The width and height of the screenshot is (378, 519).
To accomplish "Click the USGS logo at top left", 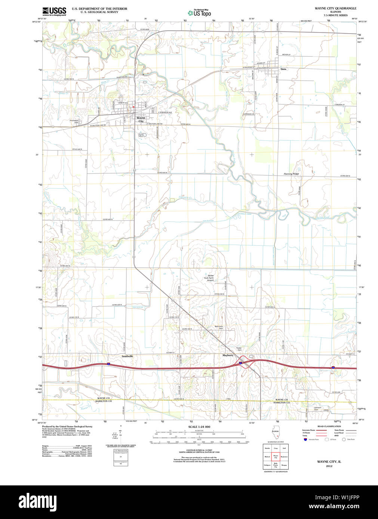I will [x=54, y=11].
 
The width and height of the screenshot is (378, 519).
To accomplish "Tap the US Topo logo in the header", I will [x=200, y=13].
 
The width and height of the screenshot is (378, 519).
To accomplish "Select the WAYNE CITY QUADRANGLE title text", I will [x=335, y=8].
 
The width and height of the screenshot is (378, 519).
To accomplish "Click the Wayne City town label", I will [x=141, y=119].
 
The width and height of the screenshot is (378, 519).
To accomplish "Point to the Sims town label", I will [x=283, y=69].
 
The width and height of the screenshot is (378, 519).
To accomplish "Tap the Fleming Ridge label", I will [x=291, y=174].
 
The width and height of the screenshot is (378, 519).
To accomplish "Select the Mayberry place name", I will [x=228, y=355].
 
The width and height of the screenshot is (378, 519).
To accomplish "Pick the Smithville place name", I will [x=127, y=356].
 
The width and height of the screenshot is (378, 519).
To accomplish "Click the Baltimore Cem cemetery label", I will [x=219, y=327].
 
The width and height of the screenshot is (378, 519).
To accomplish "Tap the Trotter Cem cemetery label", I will [x=239, y=349].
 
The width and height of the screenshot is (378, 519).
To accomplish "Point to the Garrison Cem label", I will [x=318, y=408].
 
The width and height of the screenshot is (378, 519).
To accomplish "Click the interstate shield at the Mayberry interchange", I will [x=240, y=362].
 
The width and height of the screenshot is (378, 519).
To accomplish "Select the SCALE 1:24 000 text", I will [x=199, y=427].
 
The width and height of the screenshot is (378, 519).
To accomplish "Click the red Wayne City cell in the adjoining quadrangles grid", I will [x=276, y=457].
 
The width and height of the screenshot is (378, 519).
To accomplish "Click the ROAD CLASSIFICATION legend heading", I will [x=329, y=426].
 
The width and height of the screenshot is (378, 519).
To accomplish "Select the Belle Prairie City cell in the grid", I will [x=276, y=465].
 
